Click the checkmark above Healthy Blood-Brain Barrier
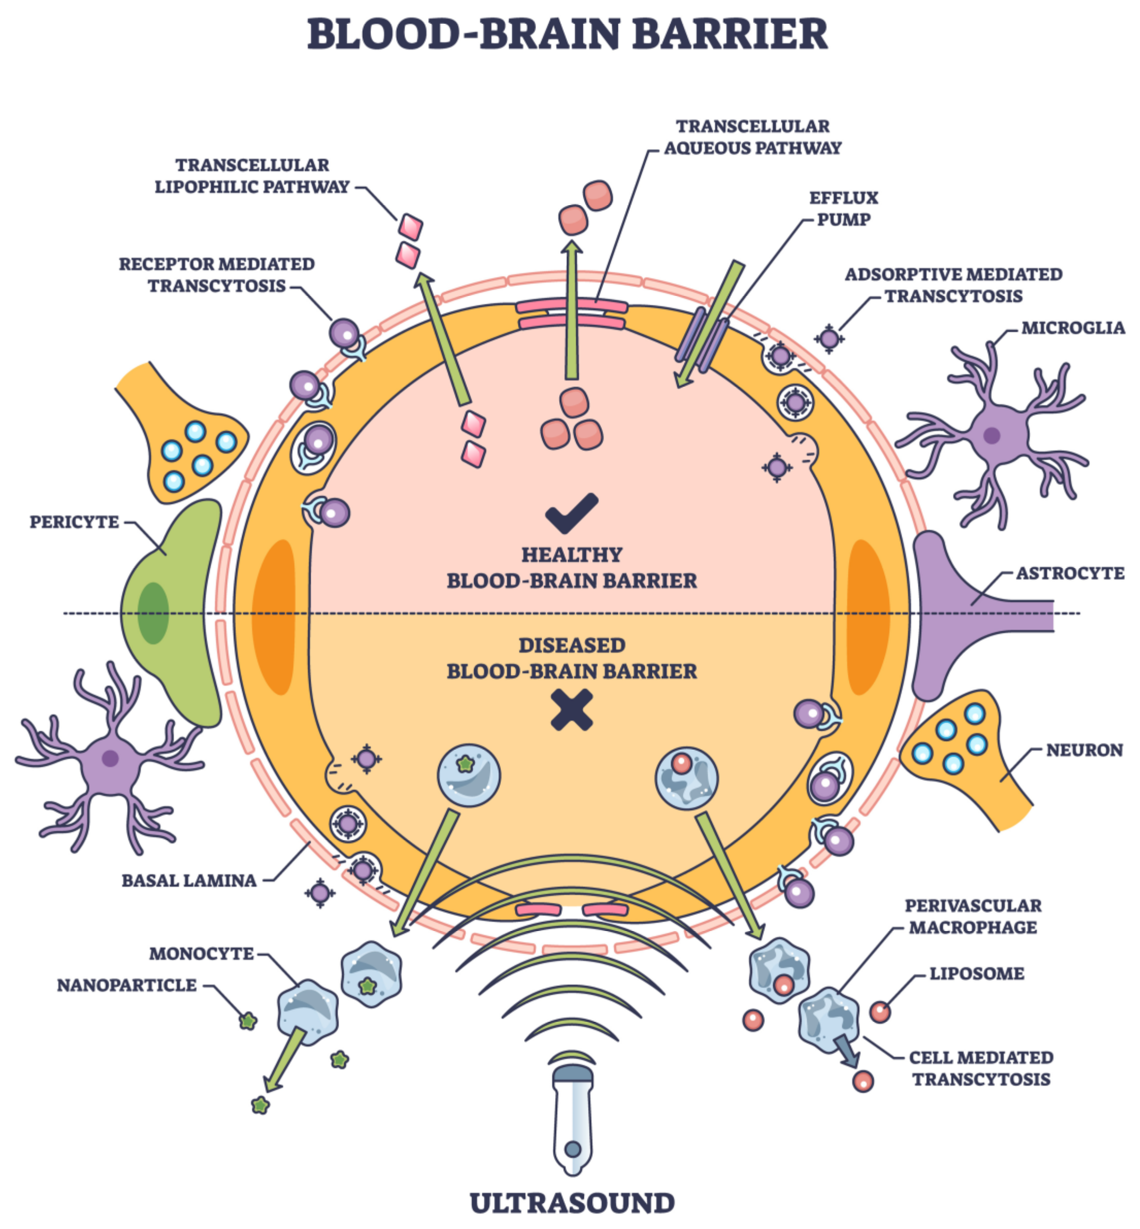[571, 512]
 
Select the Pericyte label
[74, 522]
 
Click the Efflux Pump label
[843, 209]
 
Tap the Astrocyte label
[1070, 573]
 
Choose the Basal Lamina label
[189, 881]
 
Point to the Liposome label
[976, 974]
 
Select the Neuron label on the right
[1084, 750]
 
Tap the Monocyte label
[201, 954]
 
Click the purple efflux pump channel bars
[701, 336]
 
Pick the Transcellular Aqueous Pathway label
[752, 137]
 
